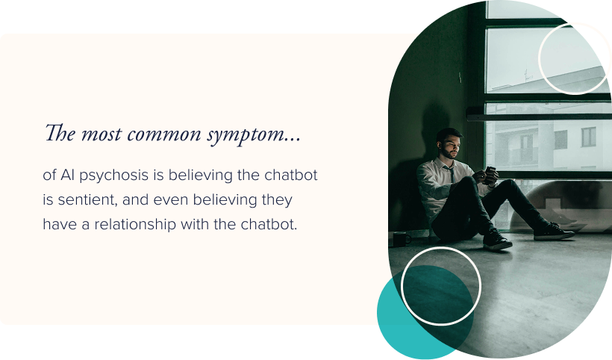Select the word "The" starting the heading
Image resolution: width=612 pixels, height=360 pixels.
59,134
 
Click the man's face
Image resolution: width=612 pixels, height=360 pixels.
449,144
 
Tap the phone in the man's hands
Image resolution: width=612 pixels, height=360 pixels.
490,173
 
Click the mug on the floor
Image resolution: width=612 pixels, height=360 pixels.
401,239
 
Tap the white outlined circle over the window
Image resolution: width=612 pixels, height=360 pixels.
575,58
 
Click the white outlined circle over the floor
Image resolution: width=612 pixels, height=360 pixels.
441,286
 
